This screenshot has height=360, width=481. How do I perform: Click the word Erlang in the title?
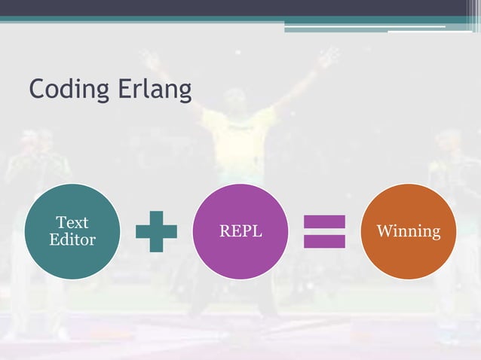(155, 90)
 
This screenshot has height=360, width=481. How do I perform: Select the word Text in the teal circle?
(72, 223)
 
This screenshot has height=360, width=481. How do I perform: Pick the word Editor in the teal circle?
(72, 239)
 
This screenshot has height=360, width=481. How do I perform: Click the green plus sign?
(156, 231)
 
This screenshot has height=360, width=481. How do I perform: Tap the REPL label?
(240, 231)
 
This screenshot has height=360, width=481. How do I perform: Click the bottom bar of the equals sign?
(324, 241)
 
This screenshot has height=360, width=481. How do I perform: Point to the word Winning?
(409, 231)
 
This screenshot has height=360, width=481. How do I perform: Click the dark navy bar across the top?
(226, 8)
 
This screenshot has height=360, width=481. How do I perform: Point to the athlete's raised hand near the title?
(153, 59)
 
